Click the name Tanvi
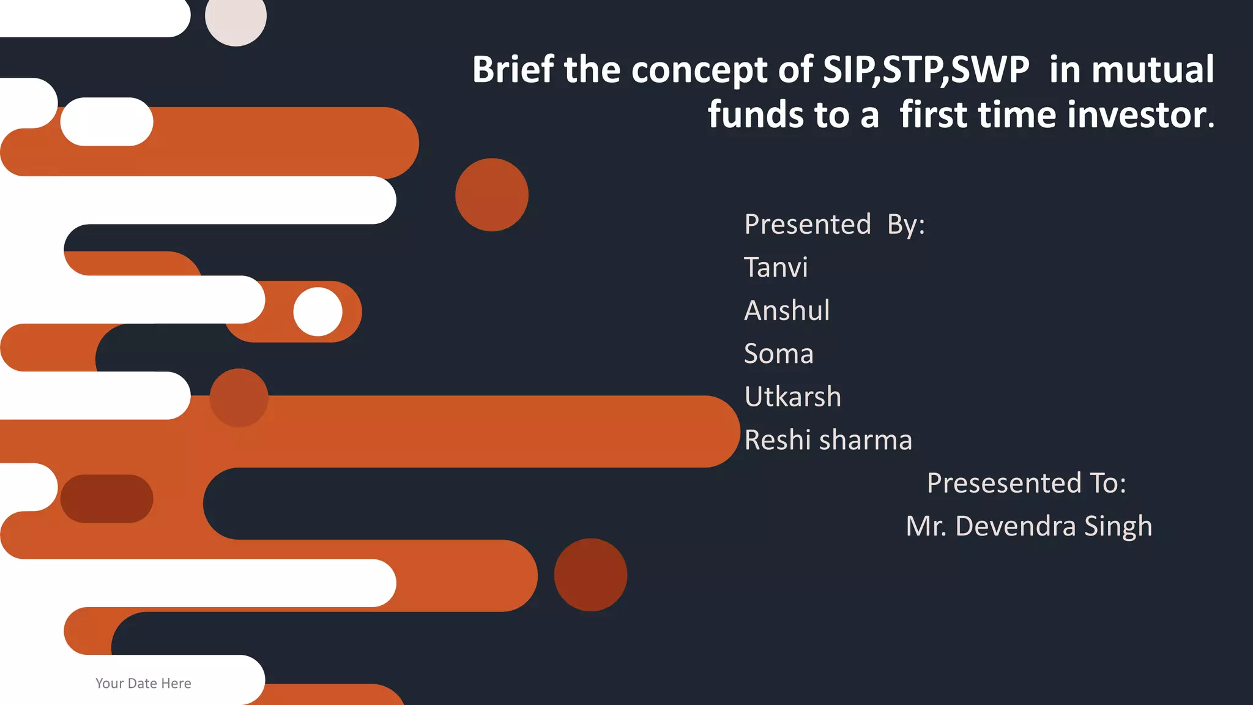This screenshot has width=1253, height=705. (x=776, y=268)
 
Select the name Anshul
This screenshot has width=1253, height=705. (x=787, y=311)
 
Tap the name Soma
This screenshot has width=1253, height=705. (x=778, y=354)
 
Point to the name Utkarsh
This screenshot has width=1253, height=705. (x=792, y=397)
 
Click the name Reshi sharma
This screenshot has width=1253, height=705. (x=828, y=440)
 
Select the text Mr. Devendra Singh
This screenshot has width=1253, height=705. (x=1028, y=526)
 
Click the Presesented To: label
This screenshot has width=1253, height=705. (x=1026, y=483)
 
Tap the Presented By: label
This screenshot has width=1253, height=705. (x=835, y=225)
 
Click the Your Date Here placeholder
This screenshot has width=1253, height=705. (x=143, y=684)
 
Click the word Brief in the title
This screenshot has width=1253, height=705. (x=513, y=69)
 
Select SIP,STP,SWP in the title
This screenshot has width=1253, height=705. (x=926, y=69)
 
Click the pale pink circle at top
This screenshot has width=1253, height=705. (x=236, y=17)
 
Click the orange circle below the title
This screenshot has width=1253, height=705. (x=491, y=195)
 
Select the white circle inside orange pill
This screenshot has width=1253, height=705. (x=318, y=311)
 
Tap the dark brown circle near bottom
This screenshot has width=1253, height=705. (x=590, y=575)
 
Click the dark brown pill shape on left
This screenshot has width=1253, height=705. (x=106, y=499)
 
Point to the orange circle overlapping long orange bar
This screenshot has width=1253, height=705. (x=239, y=398)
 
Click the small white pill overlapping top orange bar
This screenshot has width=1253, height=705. (x=106, y=122)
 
